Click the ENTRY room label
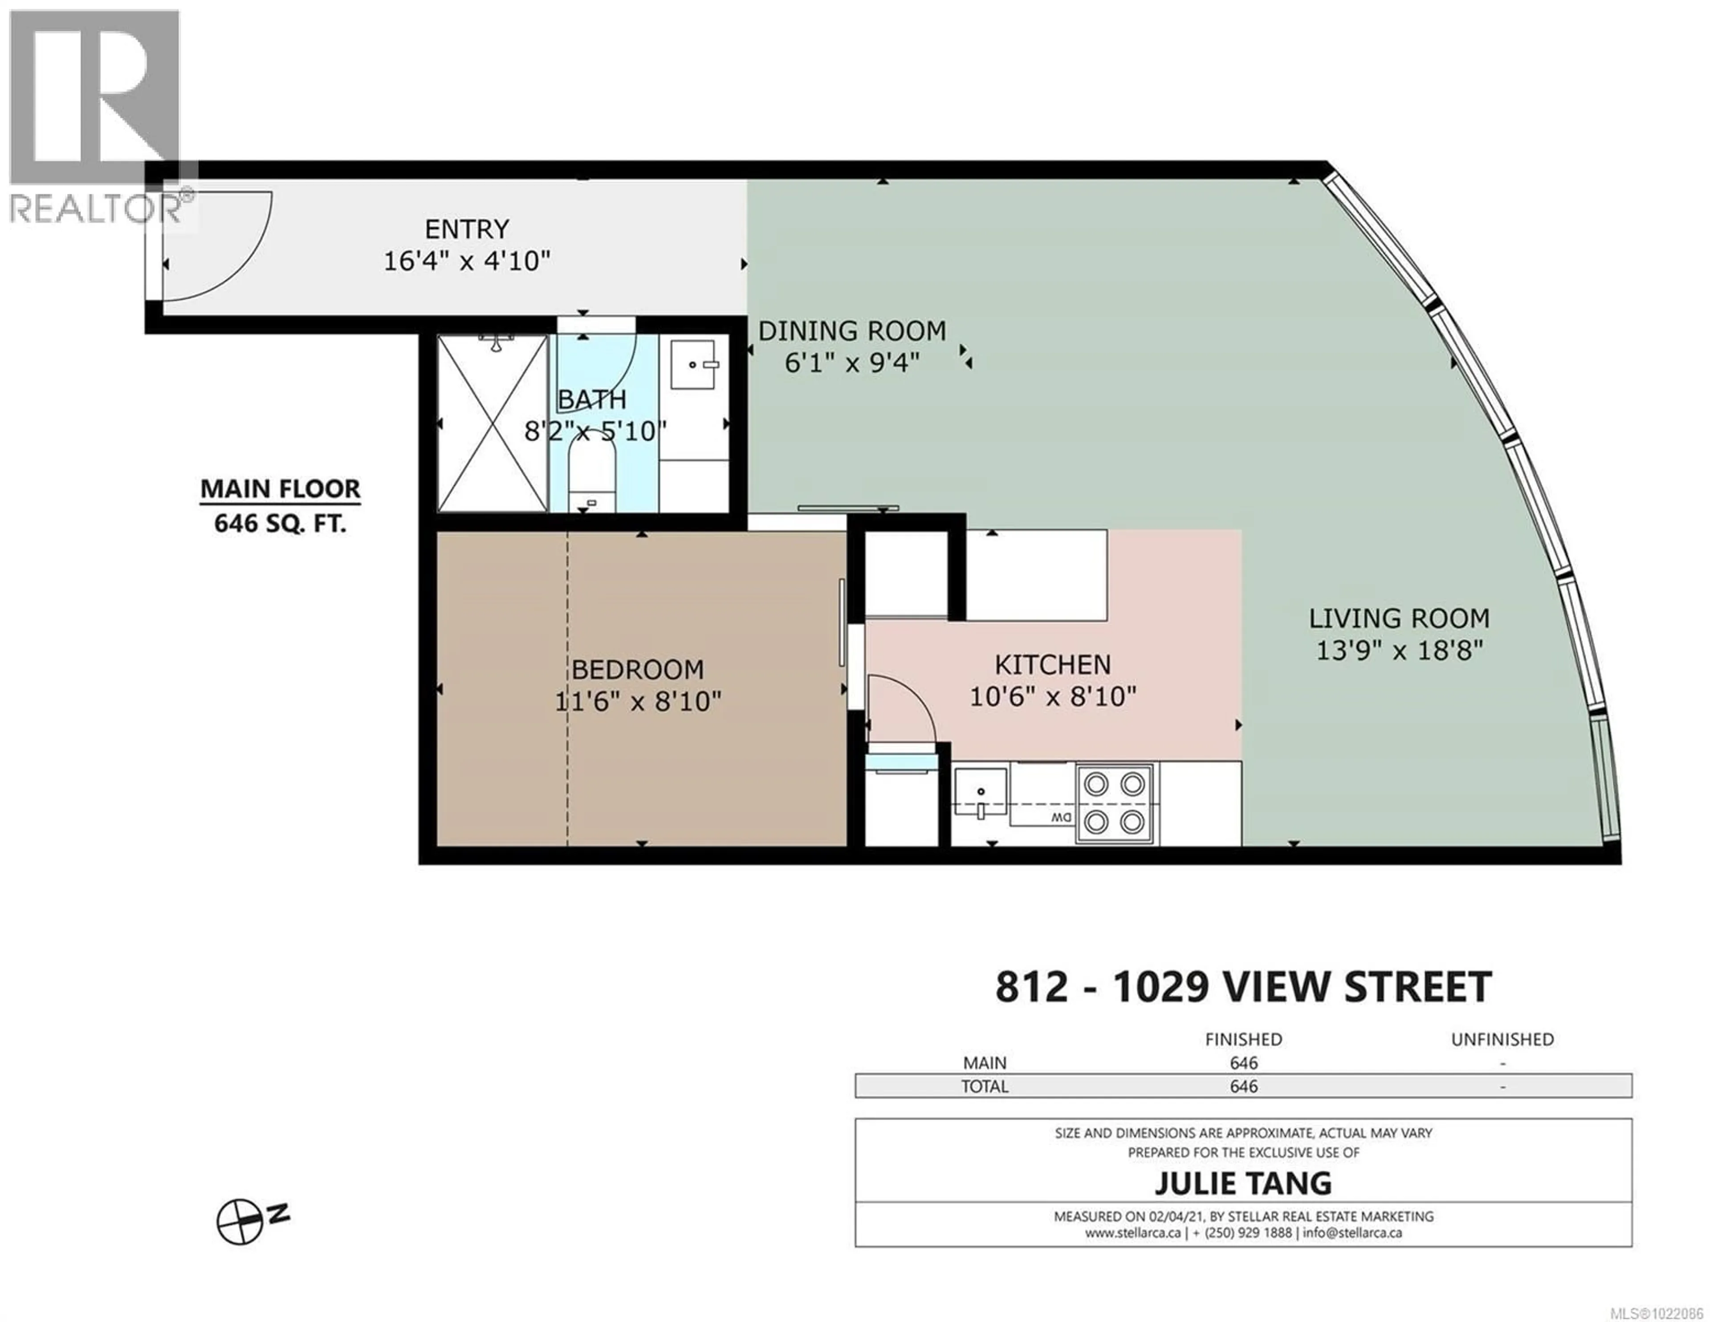coord(467,229)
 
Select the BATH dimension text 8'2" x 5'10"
coord(594,431)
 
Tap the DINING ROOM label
coord(852,331)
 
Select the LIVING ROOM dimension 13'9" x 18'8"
coord(1399,650)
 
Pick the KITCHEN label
coord(1052,664)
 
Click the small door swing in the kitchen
coord(900,708)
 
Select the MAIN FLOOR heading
coord(280,489)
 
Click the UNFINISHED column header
coord(1502,1039)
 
